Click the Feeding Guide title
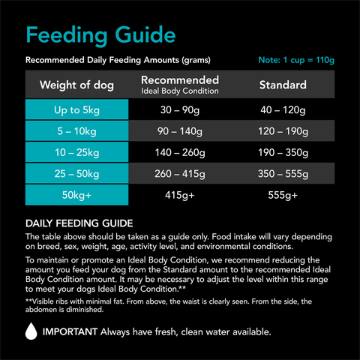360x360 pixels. [100, 34]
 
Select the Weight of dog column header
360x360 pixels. [76, 85]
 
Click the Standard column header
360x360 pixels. [283, 85]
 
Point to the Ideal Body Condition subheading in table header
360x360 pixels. [180, 91]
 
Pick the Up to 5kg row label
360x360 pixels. [76, 110]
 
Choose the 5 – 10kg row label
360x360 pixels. [76, 131]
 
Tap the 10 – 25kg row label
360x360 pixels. [76, 152]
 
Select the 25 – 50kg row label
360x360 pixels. [76, 173]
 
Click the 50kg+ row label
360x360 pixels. [76, 194]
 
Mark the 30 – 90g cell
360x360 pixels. [180, 110]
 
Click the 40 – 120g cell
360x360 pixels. [283, 110]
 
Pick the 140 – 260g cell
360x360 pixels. [180, 152]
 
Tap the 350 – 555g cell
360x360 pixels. [283, 173]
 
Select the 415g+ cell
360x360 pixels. [180, 195]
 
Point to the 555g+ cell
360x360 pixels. [283, 195]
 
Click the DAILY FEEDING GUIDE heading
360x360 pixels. [79, 223]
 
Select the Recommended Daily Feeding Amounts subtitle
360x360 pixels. [118, 60]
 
